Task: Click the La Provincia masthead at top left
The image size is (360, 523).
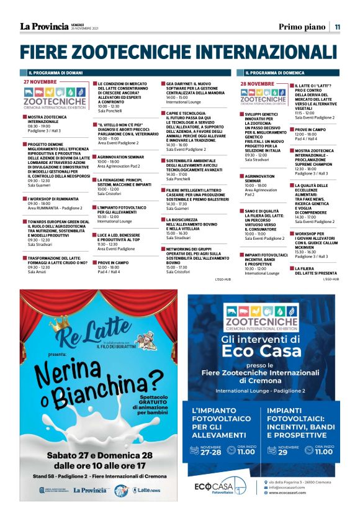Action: (44, 26)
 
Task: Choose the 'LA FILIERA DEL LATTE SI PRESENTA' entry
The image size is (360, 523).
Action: (316, 271)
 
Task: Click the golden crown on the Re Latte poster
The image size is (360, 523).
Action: (60, 325)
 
